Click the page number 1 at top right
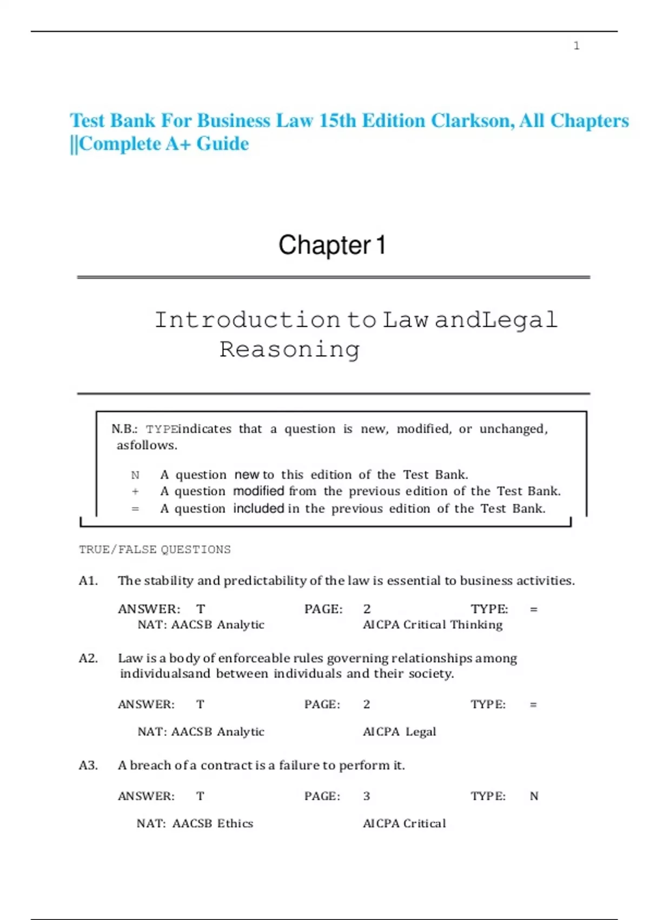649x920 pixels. pyautogui.click(x=577, y=46)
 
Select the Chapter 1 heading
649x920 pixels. pyautogui.click(x=332, y=245)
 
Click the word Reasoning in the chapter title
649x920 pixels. pyautogui.click(x=289, y=350)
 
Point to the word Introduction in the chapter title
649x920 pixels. pyautogui.click(x=247, y=320)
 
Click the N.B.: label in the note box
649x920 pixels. pyautogui.click(x=124, y=429)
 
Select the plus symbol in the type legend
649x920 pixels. pyautogui.click(x=135, y=491)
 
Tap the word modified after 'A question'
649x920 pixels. pyautogui.click(x=259, y=491)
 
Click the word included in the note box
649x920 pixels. pyautogui.click(x=259, y=509)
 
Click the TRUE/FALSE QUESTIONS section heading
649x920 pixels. pyautogui.click(x=155, y=550)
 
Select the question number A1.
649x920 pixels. pyautogui.click(x=89, y=581)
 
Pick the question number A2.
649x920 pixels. pyautogui.click(x=89, y=659)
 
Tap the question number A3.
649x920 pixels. pyautogui.click(x=89, y=765)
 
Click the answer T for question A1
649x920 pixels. pyautogui.click(x=201, y=609)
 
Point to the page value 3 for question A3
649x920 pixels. pyautogui.click(x=367, y=796)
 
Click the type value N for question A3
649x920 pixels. pyautogui.click(x=534, y=796)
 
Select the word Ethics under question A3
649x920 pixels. pyautogui.click(x=235, y=824)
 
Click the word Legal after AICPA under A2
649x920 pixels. pyautogui.click(x=421, y=732)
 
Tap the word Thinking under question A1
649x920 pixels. pyautogui.click(x=476, y=625)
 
